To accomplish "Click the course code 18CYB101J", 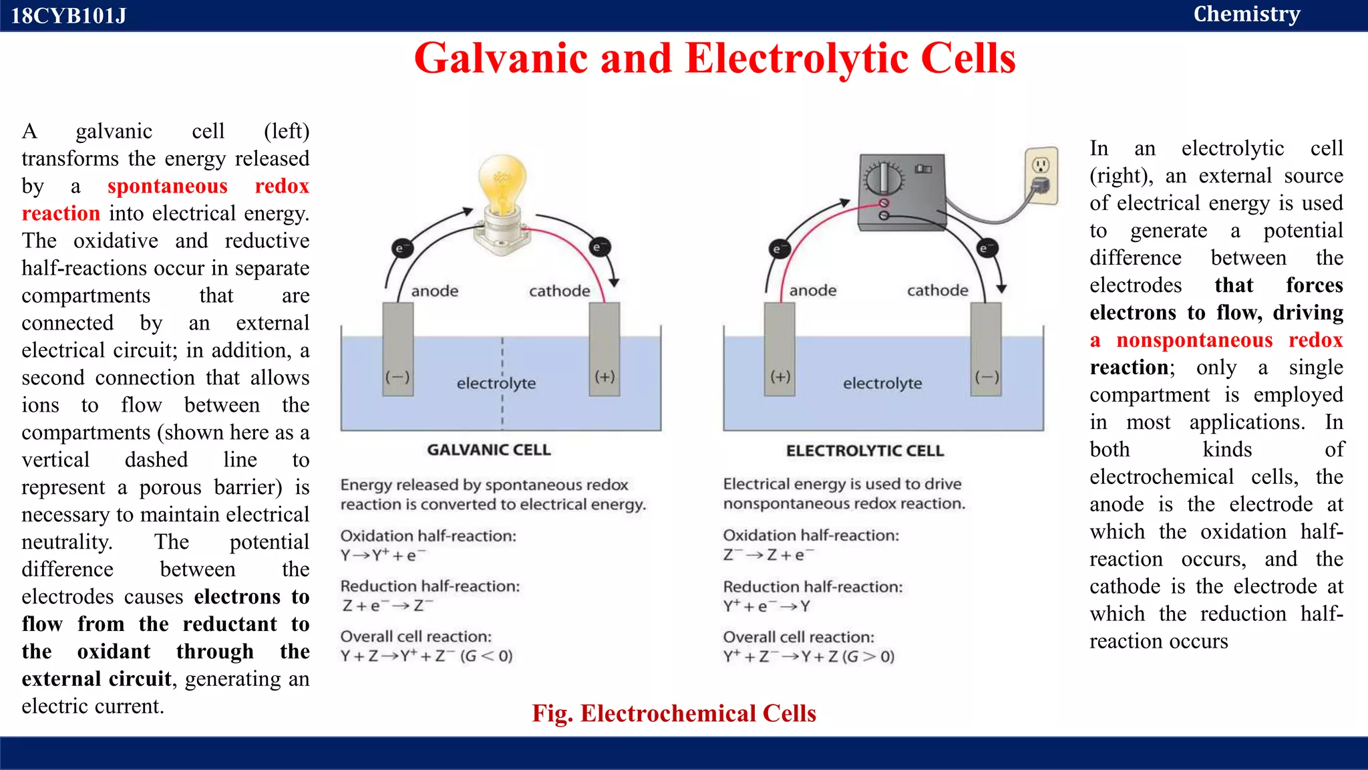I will coord(68,15).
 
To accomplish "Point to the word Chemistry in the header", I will coord(1246,14).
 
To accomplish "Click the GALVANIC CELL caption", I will coord(489,450).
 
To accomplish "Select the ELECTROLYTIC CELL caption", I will coord(865,451).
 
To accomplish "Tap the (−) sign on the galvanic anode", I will coord(397,377).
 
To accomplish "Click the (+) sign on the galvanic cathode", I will coord(605,377).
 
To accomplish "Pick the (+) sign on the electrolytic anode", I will coord(780,377).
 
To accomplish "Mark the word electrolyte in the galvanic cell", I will coord(496,384).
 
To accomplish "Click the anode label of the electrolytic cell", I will coord(812,291).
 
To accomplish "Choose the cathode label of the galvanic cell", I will coord(559,291).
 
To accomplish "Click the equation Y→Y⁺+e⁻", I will coord(383,555).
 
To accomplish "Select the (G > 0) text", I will coord(868,656).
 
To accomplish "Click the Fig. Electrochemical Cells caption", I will coord(673,713).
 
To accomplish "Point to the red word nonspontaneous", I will coord(1194,340).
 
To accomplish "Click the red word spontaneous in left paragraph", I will coord(167,186).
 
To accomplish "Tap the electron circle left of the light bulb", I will coord(401,249).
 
